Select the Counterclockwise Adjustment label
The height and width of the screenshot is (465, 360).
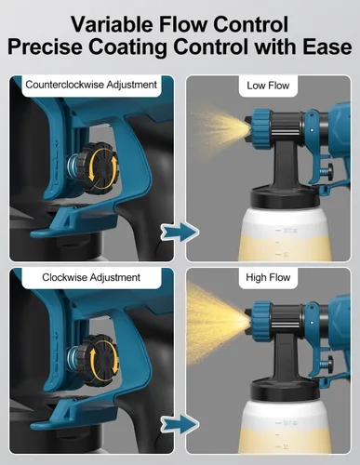[91, 85]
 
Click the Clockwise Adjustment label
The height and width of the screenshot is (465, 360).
[91, 277]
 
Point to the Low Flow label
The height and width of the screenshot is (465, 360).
[268, 86]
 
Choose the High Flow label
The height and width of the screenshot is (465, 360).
[268, 277]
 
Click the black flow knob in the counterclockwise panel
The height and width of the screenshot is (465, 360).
[98, 168]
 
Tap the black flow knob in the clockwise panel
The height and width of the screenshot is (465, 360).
[98, 360]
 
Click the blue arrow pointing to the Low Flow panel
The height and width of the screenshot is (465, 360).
[180, 232]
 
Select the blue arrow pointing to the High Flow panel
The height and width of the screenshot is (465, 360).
[180, 424]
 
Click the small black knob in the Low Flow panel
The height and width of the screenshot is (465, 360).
[329, 171]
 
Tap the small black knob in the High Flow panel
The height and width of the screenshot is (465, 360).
[329, 363]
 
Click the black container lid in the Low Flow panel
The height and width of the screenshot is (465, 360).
[285, 198]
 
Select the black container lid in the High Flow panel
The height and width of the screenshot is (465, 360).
[285, 390]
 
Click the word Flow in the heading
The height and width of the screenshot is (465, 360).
[181, 24]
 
